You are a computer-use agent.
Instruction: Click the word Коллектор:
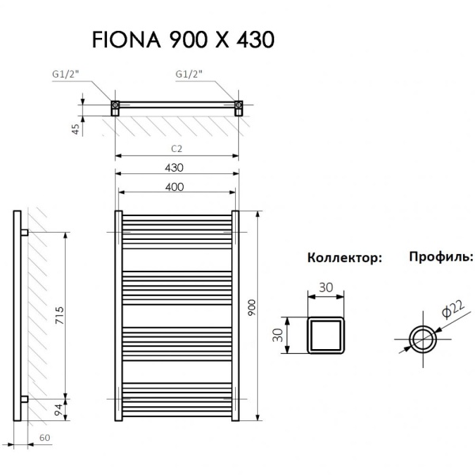(344, 258)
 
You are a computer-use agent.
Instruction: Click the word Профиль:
(441, 257)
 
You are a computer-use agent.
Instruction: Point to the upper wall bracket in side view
(25, 234)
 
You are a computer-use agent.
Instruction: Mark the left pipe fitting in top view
(115, 105)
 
